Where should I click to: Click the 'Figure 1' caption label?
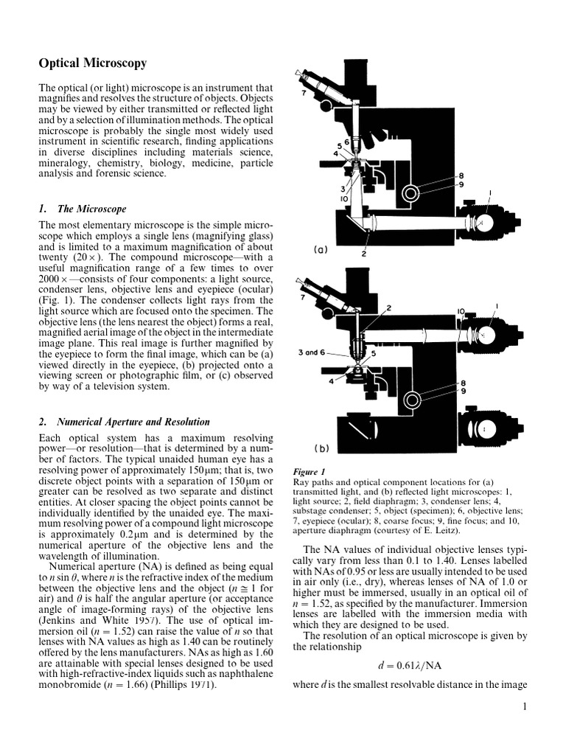point(309,472)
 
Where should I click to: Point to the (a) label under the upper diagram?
point(319,250)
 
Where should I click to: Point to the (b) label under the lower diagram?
point(321,448)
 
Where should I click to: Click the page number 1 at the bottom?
point(524,709)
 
